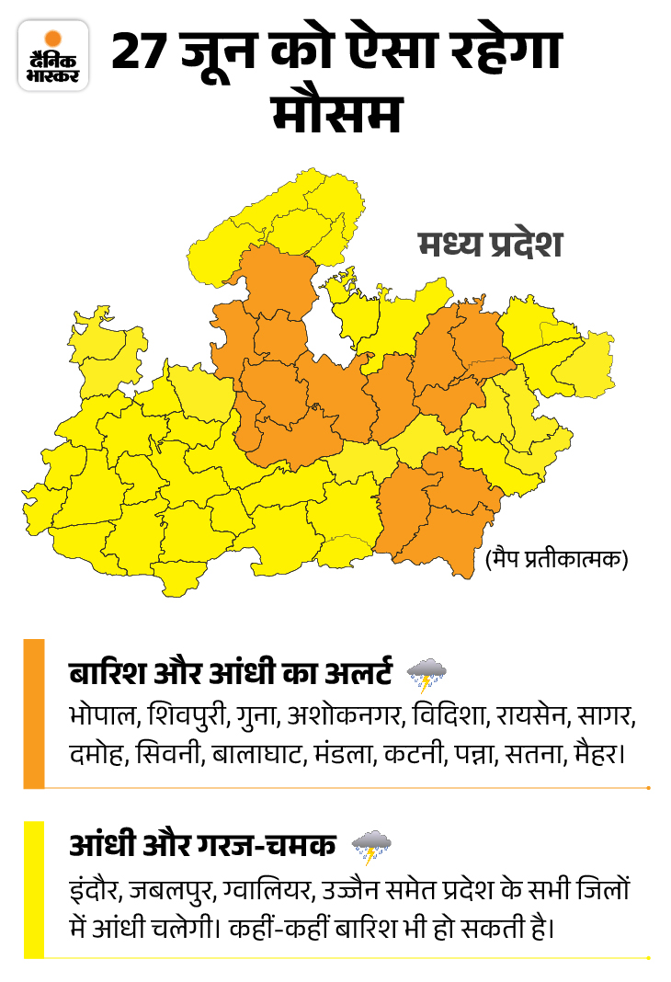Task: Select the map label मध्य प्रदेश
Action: pos(488,246)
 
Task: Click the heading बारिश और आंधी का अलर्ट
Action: pos(231,672)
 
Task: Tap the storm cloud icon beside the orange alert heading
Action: pos(426,674)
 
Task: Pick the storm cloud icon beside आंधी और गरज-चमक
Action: pos(371,846)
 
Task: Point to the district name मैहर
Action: pos(598,757)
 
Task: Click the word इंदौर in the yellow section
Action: pos(94,890)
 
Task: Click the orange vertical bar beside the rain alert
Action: pos(33,714)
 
